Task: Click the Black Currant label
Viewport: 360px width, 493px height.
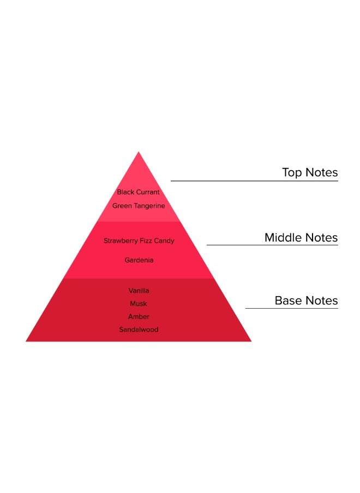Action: pos(139,192)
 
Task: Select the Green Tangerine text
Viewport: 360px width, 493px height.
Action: pos(139,206)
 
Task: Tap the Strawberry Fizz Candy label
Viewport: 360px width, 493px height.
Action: pos(139,241)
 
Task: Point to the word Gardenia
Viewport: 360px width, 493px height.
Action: pos(139,260)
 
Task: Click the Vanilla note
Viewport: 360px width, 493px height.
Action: pos(139,291)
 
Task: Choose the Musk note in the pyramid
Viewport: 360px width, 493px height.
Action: pos(139,304)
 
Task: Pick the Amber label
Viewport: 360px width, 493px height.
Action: pos(139,317)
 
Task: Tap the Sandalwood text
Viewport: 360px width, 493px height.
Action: pos(139,329)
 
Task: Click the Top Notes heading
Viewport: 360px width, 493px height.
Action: pos(310,173)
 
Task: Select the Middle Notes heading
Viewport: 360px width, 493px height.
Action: pos(301,238)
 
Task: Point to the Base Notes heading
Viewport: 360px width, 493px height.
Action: pos(306,300)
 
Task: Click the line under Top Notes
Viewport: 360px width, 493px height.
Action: pos(254,181)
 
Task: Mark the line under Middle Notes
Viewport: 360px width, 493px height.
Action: pos(272,245)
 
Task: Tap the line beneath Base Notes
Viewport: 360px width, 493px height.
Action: pos(291,308)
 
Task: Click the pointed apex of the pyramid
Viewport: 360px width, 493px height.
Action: pos(139,153)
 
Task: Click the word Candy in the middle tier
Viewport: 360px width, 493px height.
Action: pos(164,241)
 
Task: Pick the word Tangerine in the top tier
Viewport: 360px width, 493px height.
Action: pos(147,206)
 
